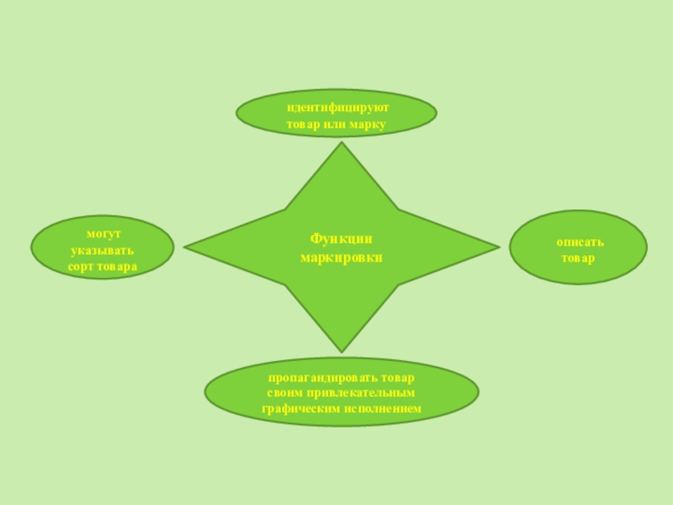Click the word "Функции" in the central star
pos(341,239)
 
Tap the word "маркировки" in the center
pos(341,256)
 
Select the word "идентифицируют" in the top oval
pos(336,108)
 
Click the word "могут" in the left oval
pos(103,233)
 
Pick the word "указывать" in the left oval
pos(102,250)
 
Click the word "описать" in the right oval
pos(579,242)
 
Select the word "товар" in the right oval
pos(578,258)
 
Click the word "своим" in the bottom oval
pos(285,393)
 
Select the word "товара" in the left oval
pos(119,266)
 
